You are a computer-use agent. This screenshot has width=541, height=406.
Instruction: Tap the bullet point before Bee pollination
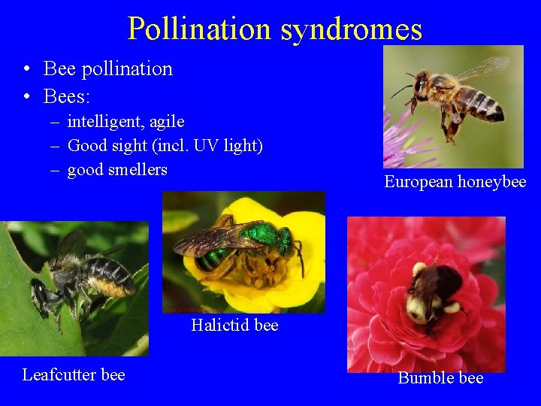pos(26,69)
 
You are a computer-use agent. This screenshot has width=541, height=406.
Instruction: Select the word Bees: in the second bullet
pos(68,96)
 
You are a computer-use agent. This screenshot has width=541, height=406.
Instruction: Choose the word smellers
pos(137,169)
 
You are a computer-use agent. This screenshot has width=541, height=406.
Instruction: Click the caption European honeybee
pos(455,181)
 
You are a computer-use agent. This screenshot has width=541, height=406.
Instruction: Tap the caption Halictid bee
pos(234,325)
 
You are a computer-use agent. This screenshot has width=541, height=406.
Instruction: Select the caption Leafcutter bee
pos(74,374)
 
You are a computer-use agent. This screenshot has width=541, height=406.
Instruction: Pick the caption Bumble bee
pos(440,377)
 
